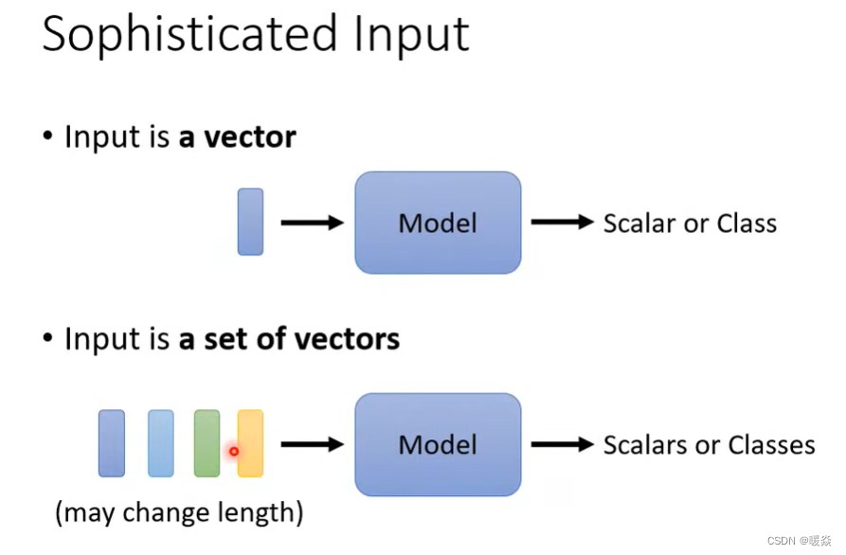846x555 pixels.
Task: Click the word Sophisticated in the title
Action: (x=188, y=36)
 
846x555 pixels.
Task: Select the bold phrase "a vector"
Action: (x=237, y=137)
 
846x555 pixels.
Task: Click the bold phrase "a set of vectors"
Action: (x=289, y=338)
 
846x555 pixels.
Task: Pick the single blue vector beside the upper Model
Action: (x=250, y=222)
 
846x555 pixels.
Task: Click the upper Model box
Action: (x=438, y=223)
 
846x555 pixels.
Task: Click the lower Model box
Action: (x=438, y=444)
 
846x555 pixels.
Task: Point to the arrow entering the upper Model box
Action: (x=312, y=223)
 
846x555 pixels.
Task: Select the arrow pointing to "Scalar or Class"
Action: (x=561, y=223)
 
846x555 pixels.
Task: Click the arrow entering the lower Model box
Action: (x=312, y=444)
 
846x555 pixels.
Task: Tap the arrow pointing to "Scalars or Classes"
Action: (x=561, y=444)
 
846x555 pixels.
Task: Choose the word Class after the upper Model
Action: (x=747, y=224)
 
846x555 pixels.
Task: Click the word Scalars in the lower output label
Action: (x=643, y=445)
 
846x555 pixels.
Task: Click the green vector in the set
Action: (x=207, y=443)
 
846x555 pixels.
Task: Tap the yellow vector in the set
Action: (x=250, y=443)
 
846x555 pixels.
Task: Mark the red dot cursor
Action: (x=234, y=452)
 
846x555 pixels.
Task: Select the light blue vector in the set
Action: (x=161, y=443)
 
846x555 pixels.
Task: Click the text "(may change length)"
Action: (x=179, y=513)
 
